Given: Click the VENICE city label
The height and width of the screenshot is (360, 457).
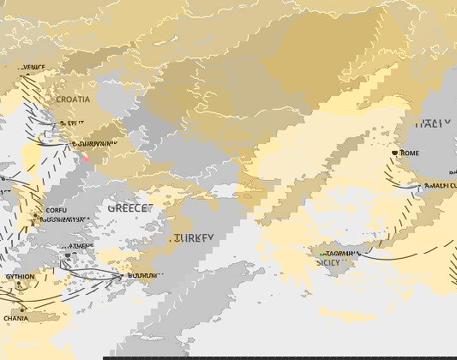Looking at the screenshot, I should (x=34, y=68).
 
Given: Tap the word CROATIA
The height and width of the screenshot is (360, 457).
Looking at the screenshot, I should (x=73, y=99).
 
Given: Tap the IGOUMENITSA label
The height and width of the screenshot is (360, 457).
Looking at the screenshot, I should (x=63, y=219).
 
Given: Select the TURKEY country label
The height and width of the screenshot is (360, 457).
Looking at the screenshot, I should (x=193, y=237).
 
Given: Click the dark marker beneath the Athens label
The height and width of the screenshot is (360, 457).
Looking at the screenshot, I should (x=69, y=255).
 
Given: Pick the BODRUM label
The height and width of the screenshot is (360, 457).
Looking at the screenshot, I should (x=141, y=276).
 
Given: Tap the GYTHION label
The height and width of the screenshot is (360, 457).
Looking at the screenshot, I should (x=21, y=278).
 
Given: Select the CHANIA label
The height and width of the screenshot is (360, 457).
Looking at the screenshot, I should (x=15, y=318).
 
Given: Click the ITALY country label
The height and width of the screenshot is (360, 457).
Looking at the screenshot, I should (x=433, y=123).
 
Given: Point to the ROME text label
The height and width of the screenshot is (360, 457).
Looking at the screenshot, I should (x=410, y=153).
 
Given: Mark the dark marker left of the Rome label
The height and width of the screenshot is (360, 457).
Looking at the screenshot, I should (x=394, y=153).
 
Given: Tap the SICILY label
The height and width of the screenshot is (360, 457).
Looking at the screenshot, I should (x=328, y=262).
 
